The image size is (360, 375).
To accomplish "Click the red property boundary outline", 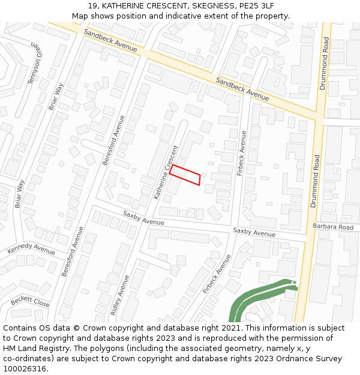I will [185, 175].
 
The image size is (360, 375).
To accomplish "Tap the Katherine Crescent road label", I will [166, 172].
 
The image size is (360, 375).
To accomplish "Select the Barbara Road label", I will [333, 227].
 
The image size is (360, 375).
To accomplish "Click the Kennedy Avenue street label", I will [31, 249].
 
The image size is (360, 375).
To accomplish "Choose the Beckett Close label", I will [29, 301].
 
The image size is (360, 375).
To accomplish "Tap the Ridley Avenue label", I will [122, 295].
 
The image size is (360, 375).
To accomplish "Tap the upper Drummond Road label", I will [324, 64].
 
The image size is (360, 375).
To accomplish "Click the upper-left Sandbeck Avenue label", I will [110, 40].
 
